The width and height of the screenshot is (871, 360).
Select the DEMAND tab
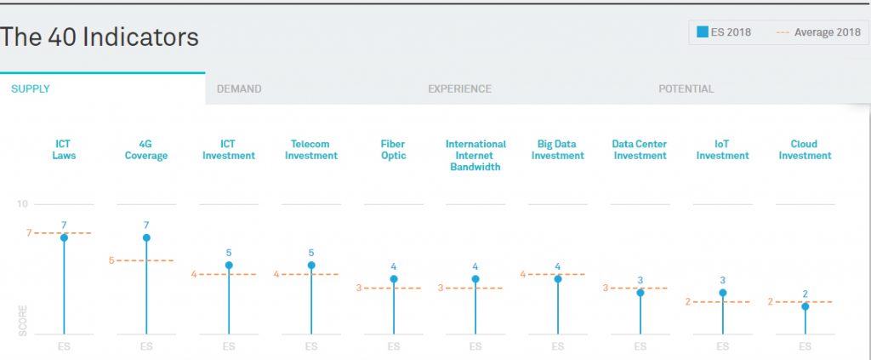(x=239, y=89)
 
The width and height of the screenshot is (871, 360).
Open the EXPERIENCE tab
(x=459, y=89)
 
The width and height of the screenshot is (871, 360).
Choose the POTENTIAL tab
(x=686, y=89)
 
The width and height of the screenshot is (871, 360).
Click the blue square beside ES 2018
(x=703, y=32)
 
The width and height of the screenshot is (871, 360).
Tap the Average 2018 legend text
(x=827, y=32)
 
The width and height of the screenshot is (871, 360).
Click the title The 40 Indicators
(x=100, y=37)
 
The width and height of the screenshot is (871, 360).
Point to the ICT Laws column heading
(x=64, y=150)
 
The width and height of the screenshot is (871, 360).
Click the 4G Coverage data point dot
(x=146, y=237)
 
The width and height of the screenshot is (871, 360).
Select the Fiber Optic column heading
(x=393, y=150)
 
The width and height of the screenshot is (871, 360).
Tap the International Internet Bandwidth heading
(x=475, y=156)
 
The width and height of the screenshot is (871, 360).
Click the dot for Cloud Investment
(x=805, y=306)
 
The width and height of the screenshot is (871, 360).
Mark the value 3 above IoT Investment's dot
(x=723, y=281)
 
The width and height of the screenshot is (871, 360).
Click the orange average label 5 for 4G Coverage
(x=111, y=260)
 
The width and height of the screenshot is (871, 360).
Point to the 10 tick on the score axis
(x=21, y=204)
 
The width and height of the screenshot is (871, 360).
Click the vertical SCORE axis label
(x=23, y=320)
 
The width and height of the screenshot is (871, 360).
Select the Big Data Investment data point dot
(x=558, y=279)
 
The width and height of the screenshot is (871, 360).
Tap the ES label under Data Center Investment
(x=640, y=346)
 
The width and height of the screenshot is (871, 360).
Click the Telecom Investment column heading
(x=311, y=150)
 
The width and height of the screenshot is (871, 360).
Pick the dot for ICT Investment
(x=229, y=265)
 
